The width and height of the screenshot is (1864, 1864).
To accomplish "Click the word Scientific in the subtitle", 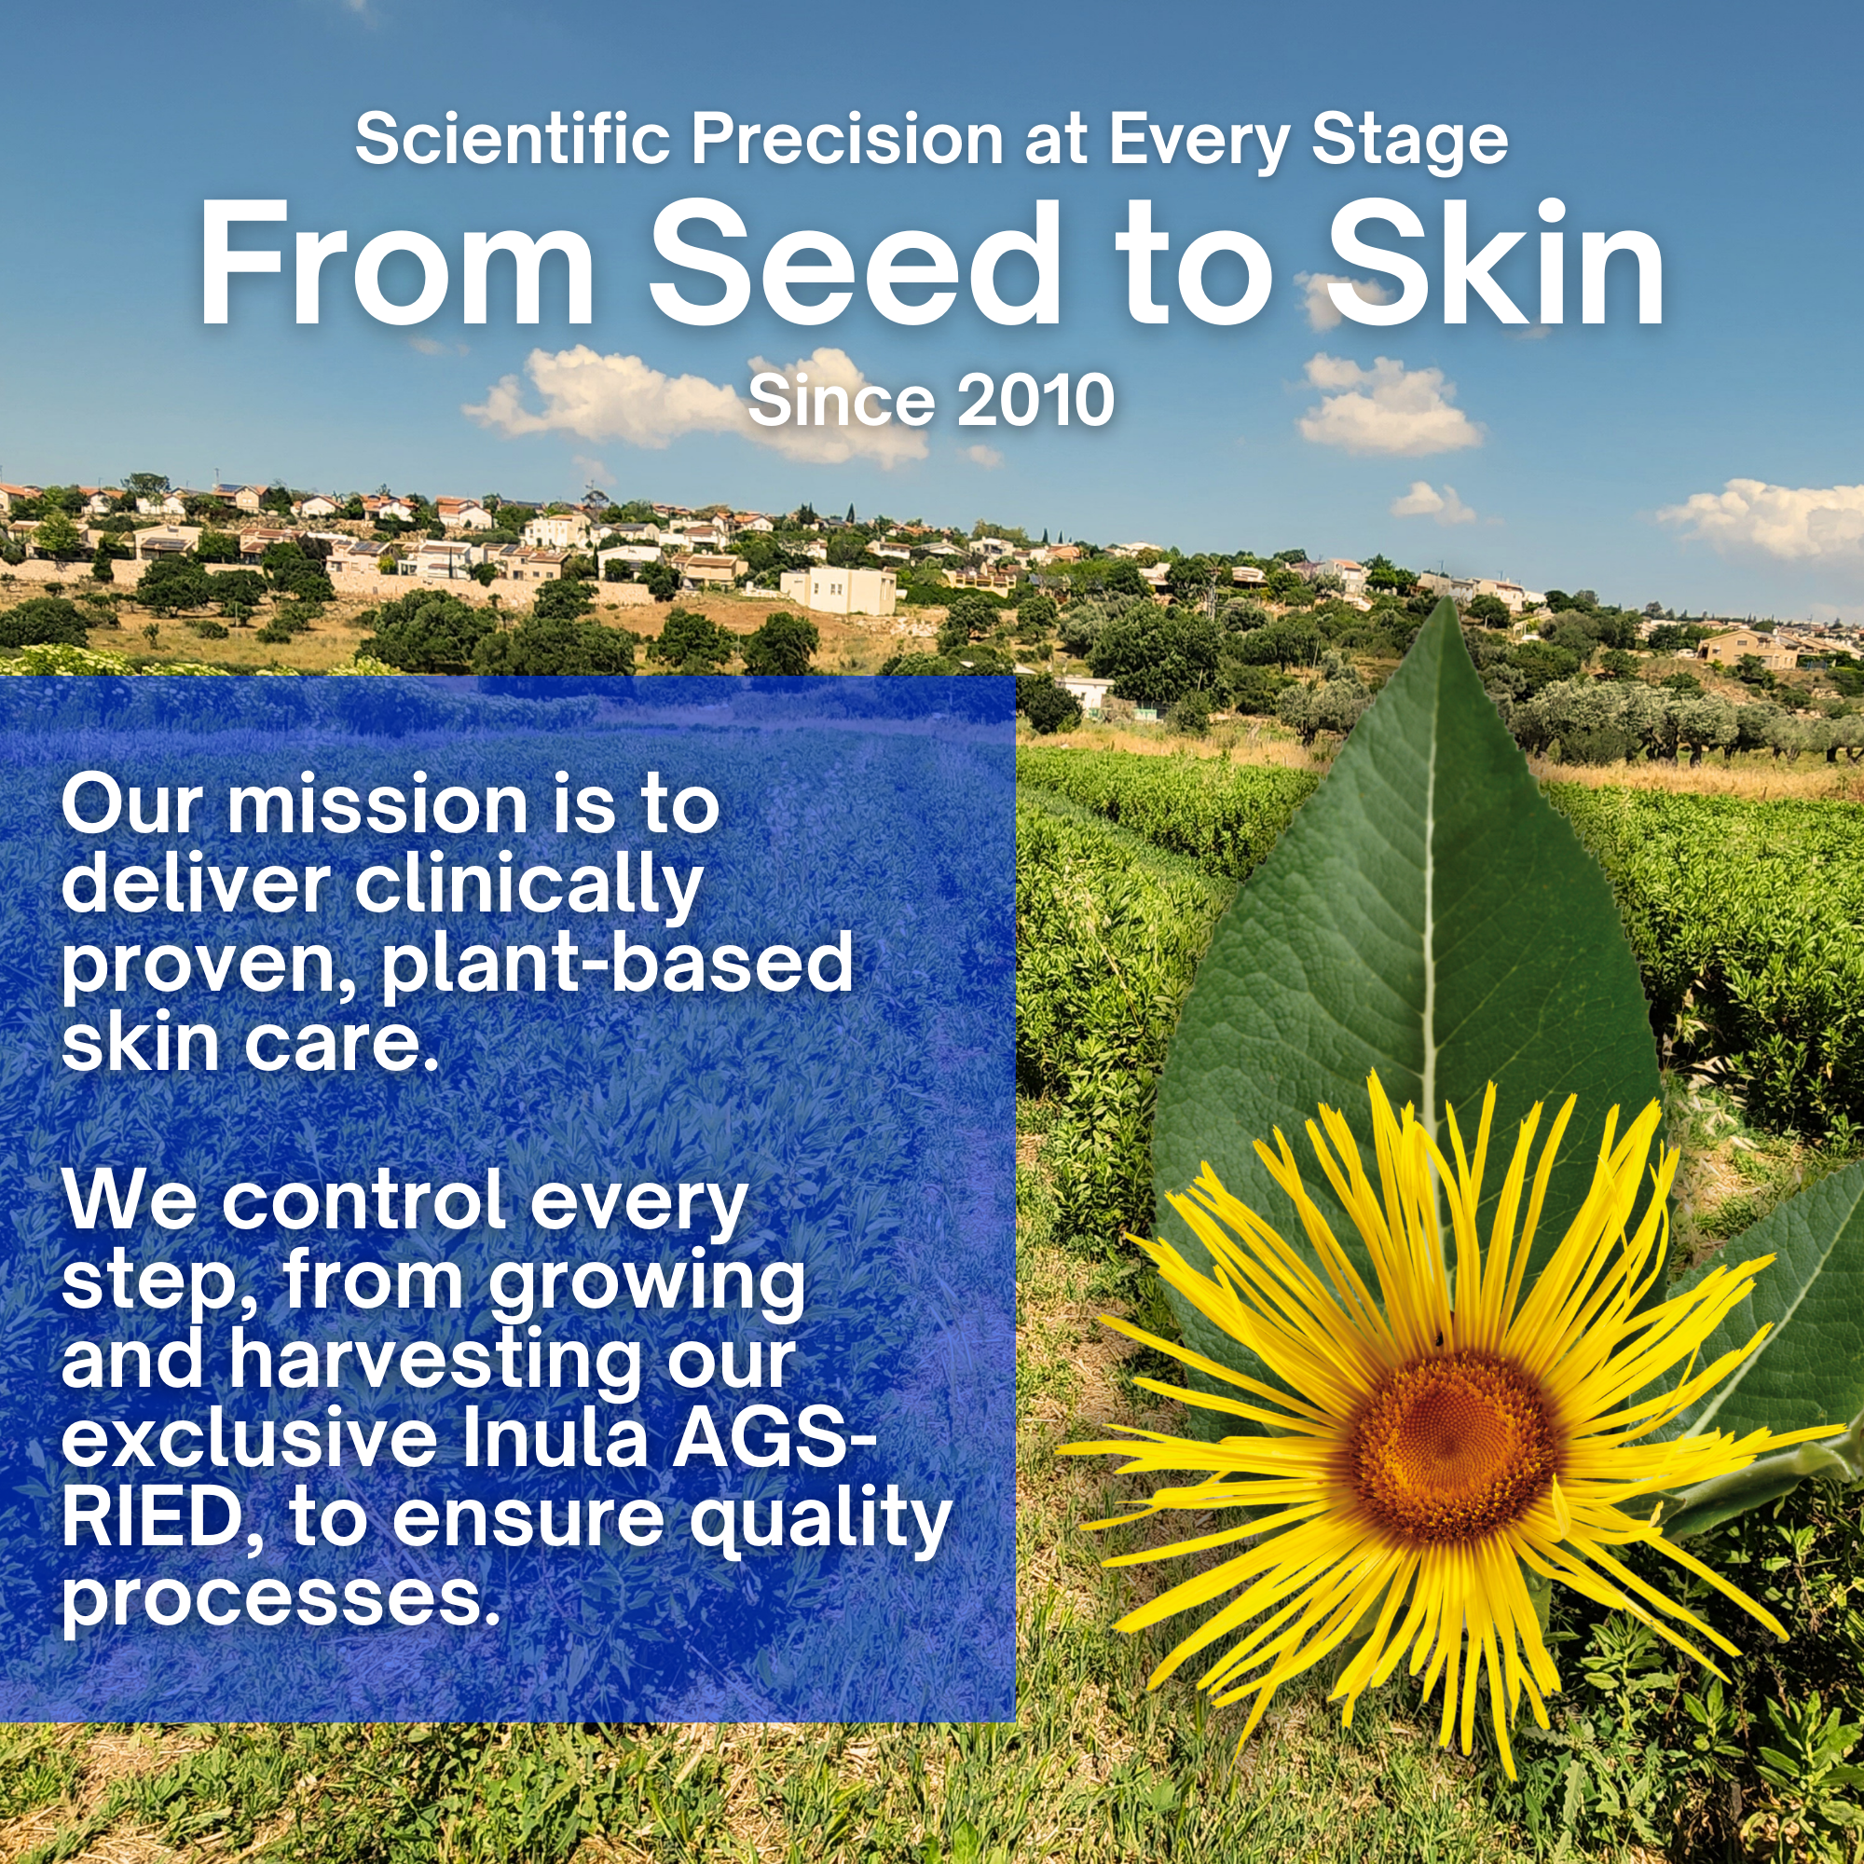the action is click(x=513, y=139).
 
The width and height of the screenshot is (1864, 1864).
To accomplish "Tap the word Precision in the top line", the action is click(x=847, y=139).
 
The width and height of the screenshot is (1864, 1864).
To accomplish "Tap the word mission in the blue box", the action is click(x=377, y=805).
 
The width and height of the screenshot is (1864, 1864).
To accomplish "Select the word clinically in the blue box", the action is click(x=529, y=886).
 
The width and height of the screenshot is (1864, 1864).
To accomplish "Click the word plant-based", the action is click(x=618, y=966).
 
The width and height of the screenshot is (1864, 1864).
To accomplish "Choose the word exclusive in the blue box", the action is click(x=249, y=1438).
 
